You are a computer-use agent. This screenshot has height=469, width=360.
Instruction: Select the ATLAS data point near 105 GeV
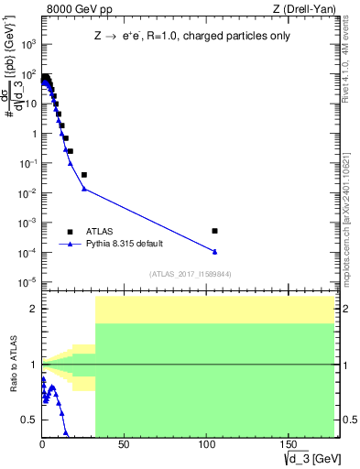tap(214, 231)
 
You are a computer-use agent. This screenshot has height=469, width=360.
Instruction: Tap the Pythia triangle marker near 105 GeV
tap(214, 251)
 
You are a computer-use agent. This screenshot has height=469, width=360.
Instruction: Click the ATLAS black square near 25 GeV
tap(84, 174)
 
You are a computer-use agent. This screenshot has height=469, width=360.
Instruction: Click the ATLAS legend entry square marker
tap(70, 232)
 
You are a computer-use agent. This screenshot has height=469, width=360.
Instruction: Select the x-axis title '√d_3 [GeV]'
tap(311, 458)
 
